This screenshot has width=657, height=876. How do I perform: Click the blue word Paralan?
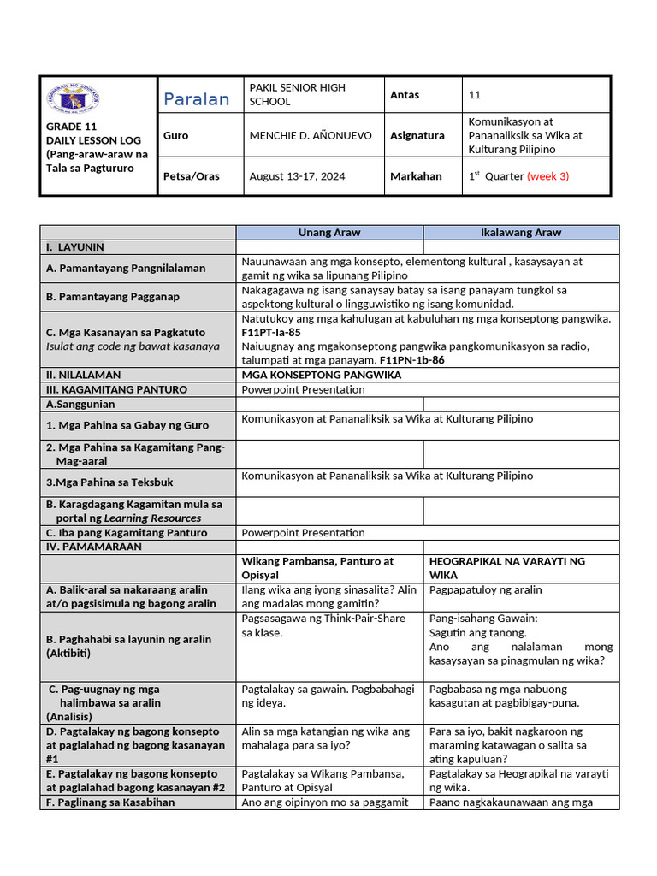point(197,99)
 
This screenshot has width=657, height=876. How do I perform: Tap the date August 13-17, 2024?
point(297,176)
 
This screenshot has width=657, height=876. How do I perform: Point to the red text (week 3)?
point(547,176)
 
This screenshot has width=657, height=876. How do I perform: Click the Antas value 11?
point(475,95)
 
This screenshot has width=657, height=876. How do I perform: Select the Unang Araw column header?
point(329,232)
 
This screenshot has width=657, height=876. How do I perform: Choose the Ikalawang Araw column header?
point(521,232)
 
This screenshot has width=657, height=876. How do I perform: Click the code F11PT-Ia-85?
point(271,332)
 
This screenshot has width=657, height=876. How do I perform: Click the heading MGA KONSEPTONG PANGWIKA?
point(322,375)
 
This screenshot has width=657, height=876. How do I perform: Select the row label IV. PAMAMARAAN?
point(94,546)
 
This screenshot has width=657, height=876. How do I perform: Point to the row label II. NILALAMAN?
point(84,375)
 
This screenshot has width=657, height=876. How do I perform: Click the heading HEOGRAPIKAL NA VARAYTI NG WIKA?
point(507,568)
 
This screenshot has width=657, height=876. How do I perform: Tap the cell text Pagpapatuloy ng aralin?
point(486,590)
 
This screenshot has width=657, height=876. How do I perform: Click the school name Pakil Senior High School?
point(297,94)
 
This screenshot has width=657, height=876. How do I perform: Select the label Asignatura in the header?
point(417,135)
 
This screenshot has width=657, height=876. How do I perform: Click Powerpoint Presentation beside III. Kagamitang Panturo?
point(303,389)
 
